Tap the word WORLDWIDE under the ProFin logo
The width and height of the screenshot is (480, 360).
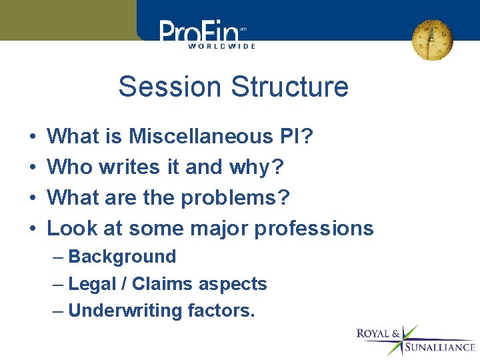(221, 46)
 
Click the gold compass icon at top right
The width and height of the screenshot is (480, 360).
(431, 39)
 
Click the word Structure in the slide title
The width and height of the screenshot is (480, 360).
(288, 87)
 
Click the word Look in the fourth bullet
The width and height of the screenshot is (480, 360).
(69, 228)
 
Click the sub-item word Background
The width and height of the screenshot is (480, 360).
(122, 257)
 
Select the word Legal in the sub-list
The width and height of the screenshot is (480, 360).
(91, 284)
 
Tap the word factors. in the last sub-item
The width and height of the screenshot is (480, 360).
(221, 311)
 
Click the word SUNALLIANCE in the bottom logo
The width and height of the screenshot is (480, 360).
(440, 347)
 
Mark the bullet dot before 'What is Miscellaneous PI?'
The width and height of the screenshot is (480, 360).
(33, 137)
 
